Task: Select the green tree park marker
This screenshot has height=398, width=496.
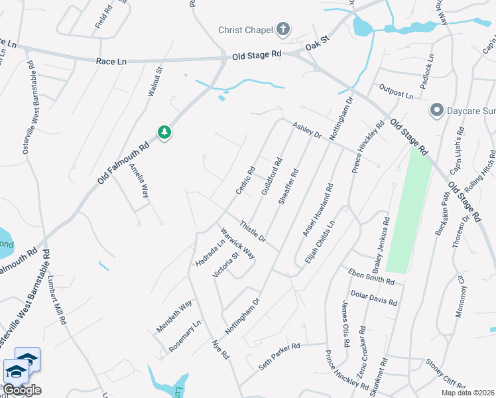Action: [164, 133]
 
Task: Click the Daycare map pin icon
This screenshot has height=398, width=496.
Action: [436, 109]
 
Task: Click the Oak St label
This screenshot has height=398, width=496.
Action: [317, 45]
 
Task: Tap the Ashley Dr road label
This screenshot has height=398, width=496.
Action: [307, 130]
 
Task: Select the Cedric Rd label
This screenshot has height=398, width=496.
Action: [245, 180]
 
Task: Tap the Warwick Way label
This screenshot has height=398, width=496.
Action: [237, 244]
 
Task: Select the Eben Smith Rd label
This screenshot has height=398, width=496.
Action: [371, 276]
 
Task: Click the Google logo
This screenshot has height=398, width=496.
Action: [22, 390]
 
